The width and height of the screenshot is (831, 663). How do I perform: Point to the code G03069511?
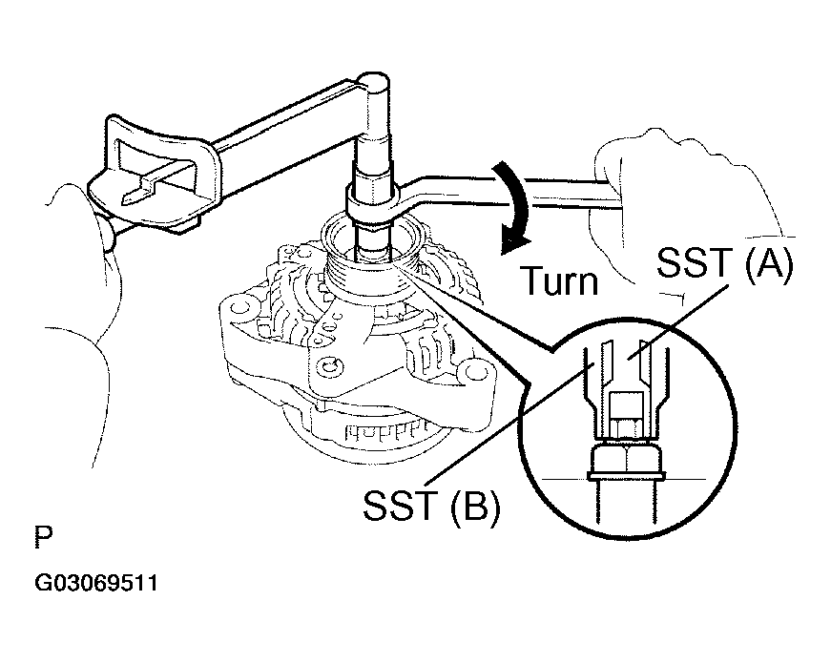96,583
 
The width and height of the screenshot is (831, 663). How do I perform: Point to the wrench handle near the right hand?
563,191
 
